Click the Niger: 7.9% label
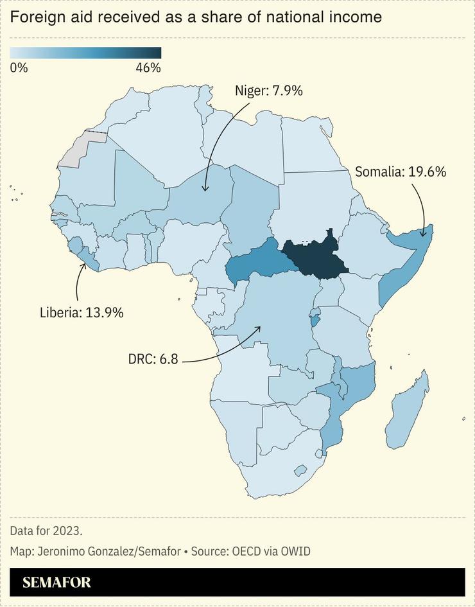[268, 91]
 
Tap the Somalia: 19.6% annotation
[400, 172]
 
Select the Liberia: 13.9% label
[82, 313]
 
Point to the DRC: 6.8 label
[153, 358]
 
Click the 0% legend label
[19, 67]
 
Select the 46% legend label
[148, 67]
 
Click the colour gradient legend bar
[85, 53]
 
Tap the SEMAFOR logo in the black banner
[56, 583]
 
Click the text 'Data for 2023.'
[46, 531]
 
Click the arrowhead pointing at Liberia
[82, 265]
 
